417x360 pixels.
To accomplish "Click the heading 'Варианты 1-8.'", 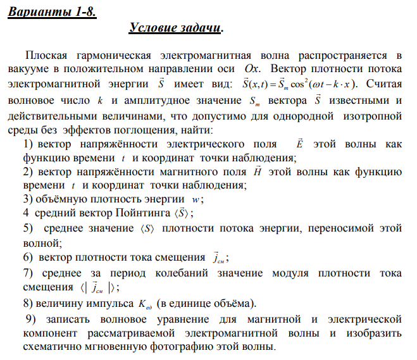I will click(x=52, y=13).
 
